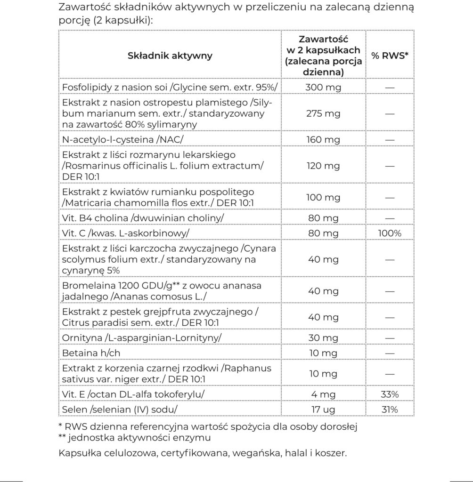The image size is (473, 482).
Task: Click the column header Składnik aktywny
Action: (170, 56)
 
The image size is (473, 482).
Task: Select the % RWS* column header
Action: (390, 56)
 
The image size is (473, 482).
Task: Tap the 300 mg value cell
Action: (323, 87)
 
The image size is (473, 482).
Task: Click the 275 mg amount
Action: (323, 113)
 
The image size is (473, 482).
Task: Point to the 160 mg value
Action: (323, 139)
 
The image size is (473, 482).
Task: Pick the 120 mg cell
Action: (323, 166)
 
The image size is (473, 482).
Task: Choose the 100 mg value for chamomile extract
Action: (323, 197)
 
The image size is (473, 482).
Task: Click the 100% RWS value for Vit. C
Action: (390, 233)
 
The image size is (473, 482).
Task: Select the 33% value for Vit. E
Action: (390, 394)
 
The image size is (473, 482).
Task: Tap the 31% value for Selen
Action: (390, 410)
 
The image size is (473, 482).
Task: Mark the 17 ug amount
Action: (323, 410)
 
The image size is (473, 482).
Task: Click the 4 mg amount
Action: (323, 394)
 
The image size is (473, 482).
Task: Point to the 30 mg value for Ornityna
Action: (323, 338)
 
